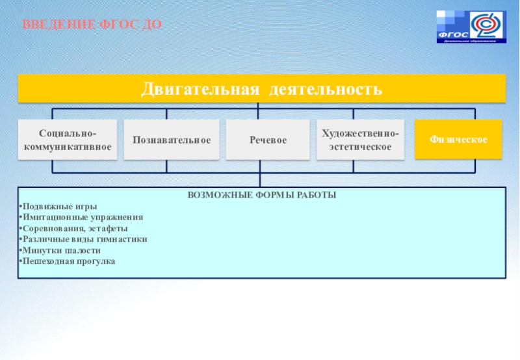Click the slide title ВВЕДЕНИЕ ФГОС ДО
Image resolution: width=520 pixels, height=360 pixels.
click(x=92, y=25)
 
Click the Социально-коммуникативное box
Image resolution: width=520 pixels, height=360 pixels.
click(x=68, y=139)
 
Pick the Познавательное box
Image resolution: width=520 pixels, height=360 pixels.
click(x=172, y=140)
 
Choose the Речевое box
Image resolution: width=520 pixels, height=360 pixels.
click(x=267, y=140)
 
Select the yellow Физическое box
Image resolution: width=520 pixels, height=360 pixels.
click(x=458, y=140)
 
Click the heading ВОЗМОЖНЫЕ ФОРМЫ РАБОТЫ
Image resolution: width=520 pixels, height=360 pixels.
click(x=262, y=195)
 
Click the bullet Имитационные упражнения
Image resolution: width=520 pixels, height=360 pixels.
click(x=82, y=218)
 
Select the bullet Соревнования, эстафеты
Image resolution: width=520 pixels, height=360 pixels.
click(x=75, y=229)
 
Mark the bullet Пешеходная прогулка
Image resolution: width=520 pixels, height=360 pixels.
click(x=68, y=261)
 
